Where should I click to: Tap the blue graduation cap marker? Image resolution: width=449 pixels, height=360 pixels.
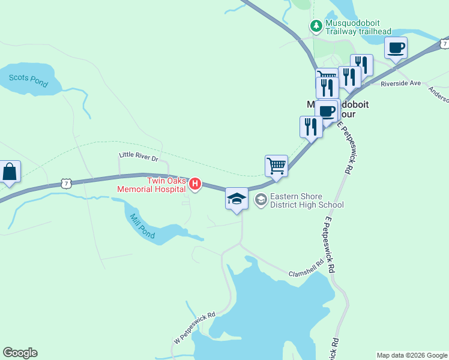[x=237, y=199]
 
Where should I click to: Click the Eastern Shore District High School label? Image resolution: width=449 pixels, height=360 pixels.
[x=306, y=200]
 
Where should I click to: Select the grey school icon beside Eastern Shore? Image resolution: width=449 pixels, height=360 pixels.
[x=261, y=200]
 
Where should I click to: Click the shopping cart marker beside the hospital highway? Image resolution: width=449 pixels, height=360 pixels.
[x=276, y=165]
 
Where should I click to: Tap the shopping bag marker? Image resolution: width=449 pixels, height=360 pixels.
[x=10, y=172]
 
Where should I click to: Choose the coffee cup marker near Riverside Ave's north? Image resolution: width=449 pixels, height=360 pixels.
[x=396, y=47]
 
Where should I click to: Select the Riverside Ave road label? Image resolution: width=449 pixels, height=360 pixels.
[x=400, y=83]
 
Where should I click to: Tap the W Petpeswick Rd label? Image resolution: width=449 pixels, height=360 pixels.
[x=195, y=327]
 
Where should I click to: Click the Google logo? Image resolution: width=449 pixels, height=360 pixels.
[x=20, y=353]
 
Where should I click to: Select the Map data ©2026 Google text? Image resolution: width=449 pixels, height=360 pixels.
[x=412, y=355]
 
